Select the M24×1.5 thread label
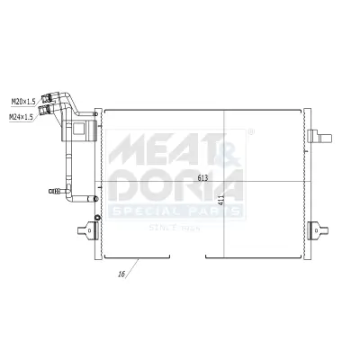tap(22, 115)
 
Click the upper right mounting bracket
tap(318, 137)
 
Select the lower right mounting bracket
tap(318, 230)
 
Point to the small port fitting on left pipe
tap(53, 190)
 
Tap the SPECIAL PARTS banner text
tap(176, 211)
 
